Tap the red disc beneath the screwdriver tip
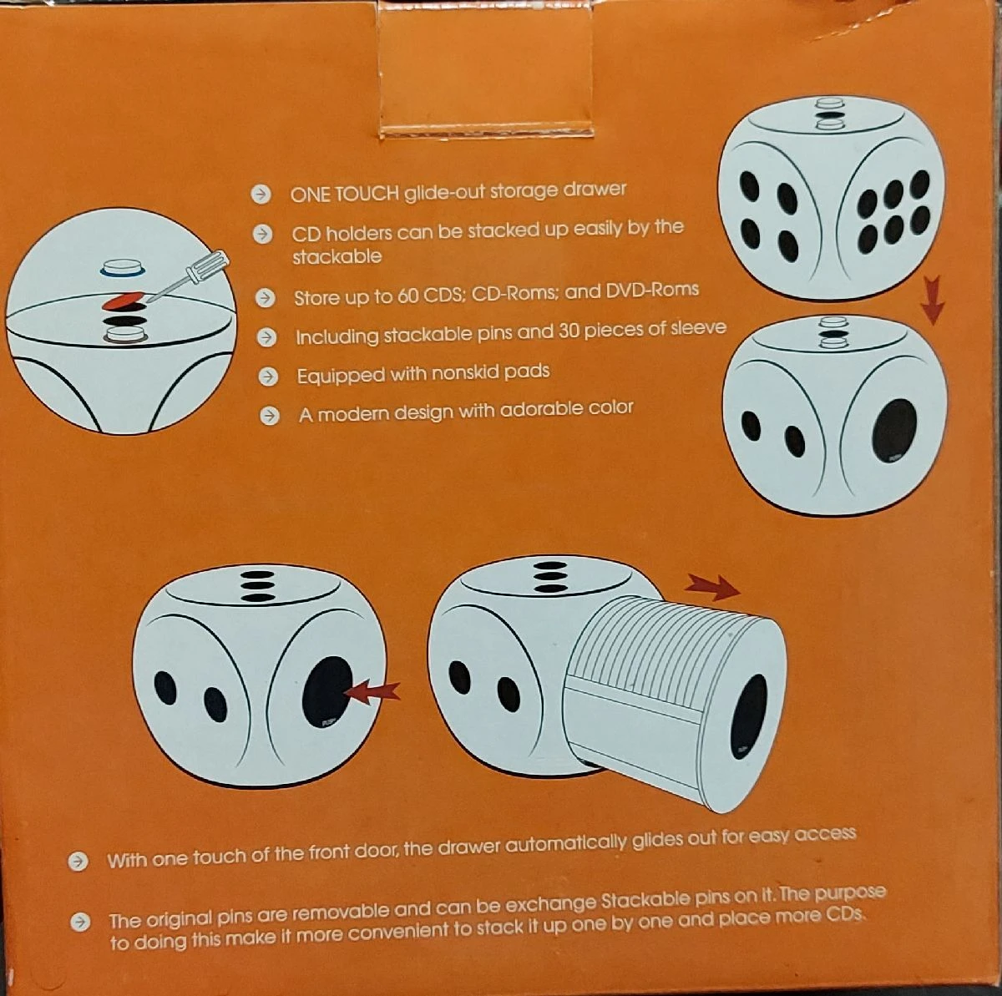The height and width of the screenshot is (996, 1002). click(124, 300)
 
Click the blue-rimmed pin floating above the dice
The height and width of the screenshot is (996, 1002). click(123, 267)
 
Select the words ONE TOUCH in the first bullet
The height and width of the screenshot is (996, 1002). click(344, 194)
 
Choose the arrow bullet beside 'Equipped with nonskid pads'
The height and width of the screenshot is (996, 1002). click(268, 376)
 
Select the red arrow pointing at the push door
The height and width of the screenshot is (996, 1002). click(372, 693)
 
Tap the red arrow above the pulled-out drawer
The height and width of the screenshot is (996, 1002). click(712, 587)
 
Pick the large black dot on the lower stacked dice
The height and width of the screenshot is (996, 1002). click(894, 431)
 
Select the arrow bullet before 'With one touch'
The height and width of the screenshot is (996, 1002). click(78, 862)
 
